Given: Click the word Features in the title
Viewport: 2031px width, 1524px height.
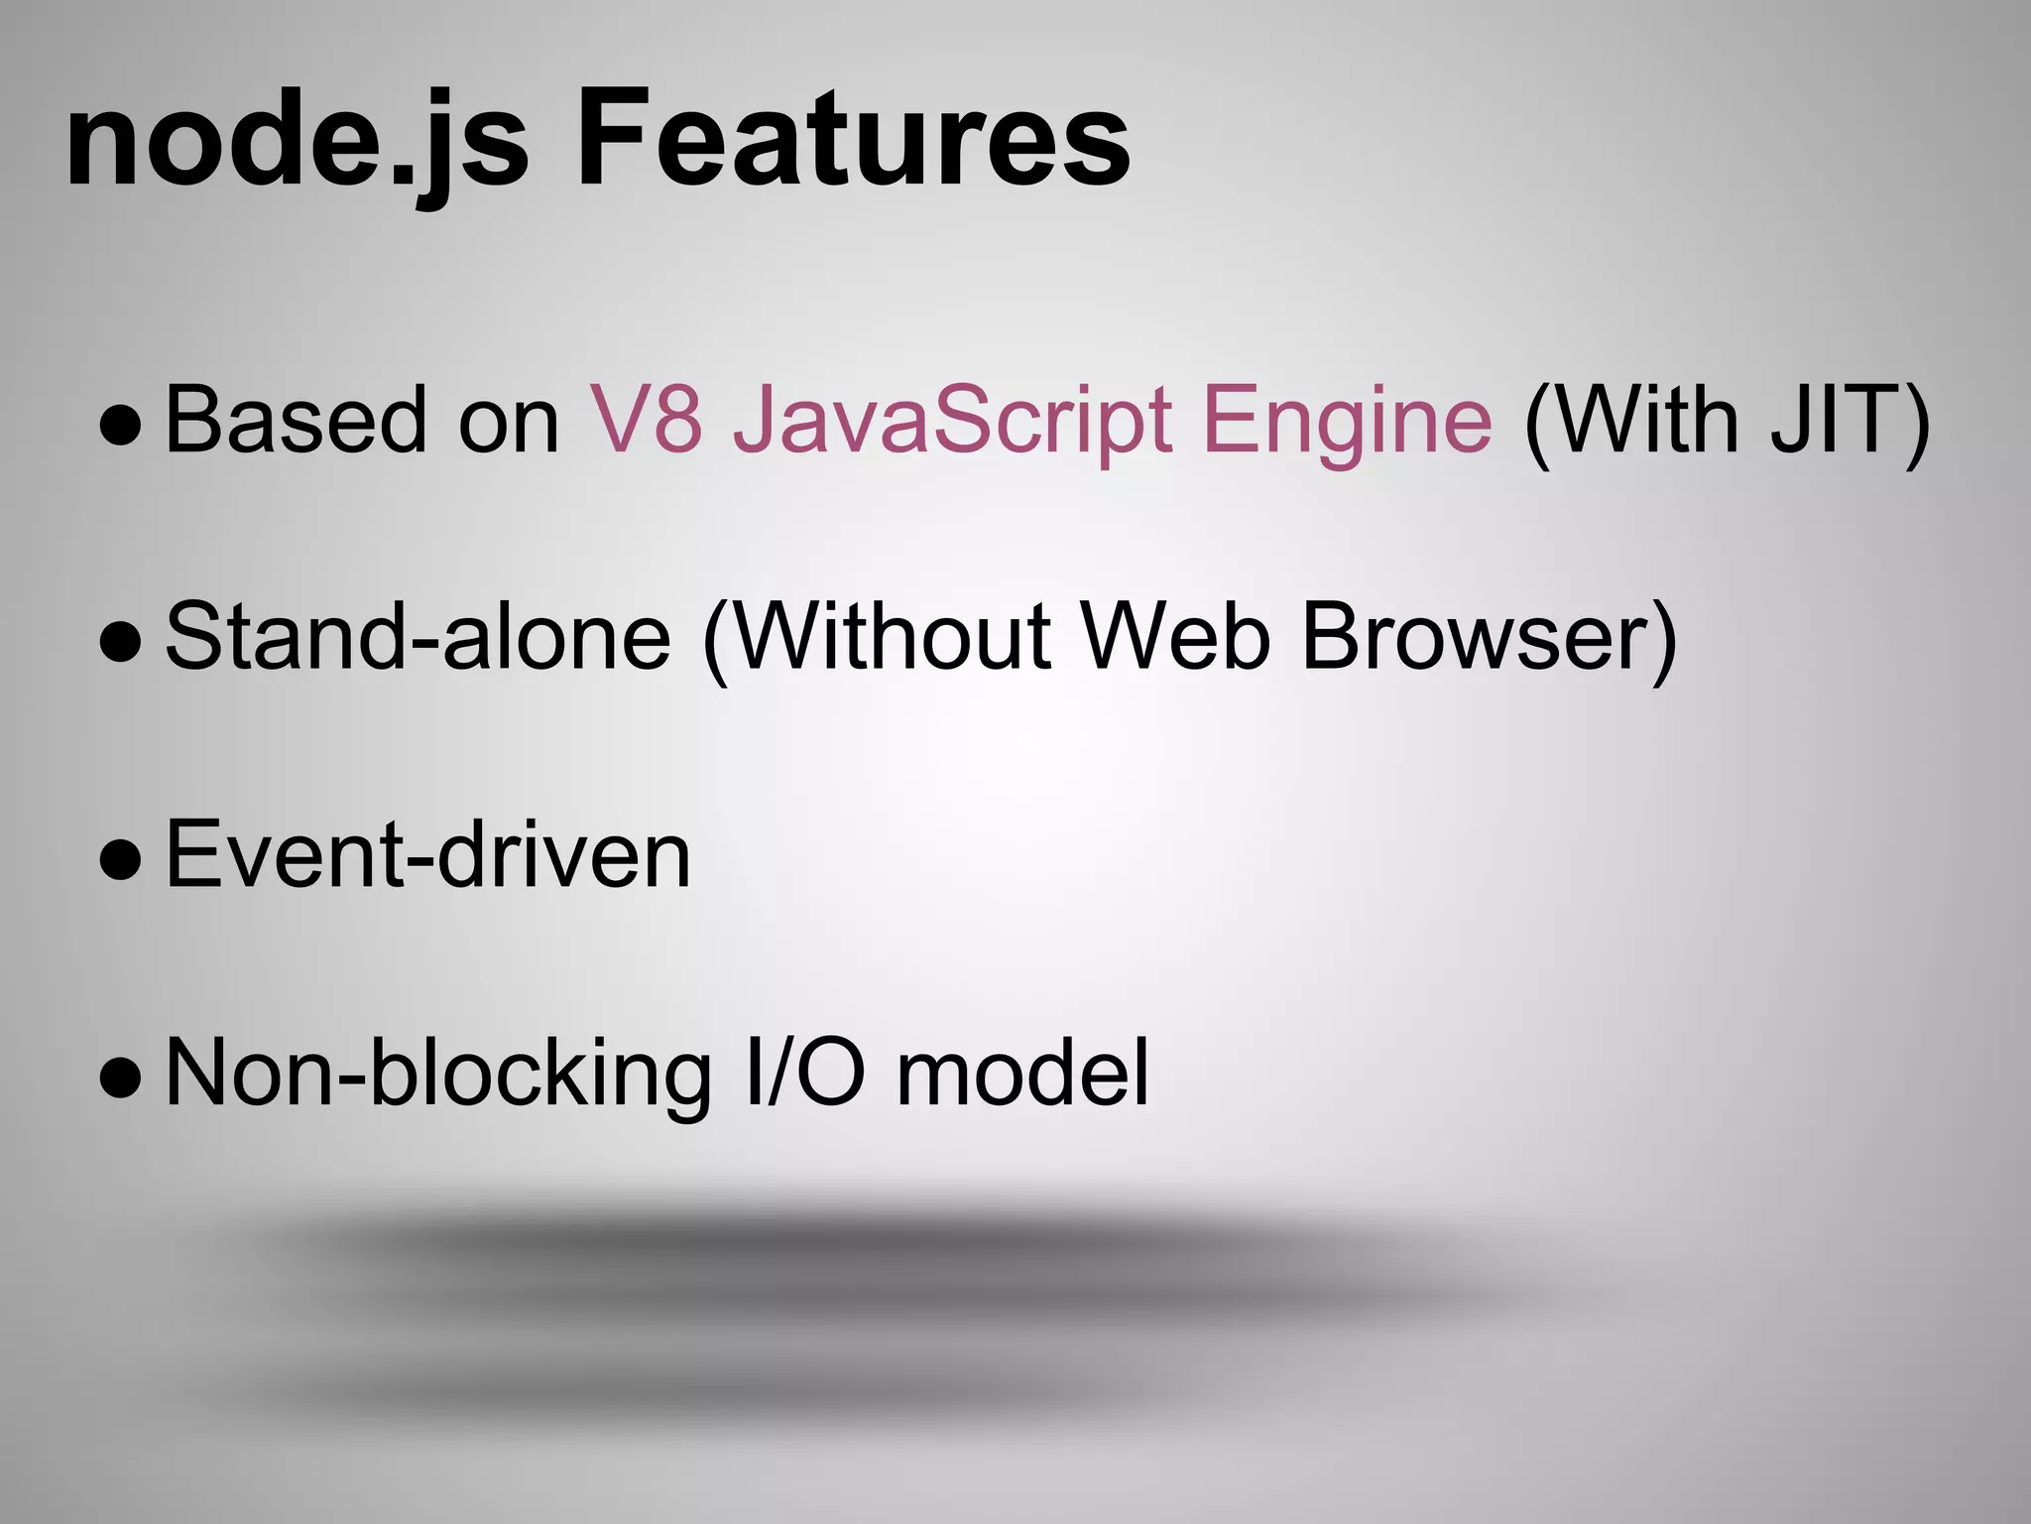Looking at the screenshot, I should click(x=853, y=139).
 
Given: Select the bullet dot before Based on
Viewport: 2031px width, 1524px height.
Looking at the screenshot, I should click(x=121, y=427).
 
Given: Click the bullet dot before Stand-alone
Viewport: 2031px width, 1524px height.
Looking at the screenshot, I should click(x=121, y=643).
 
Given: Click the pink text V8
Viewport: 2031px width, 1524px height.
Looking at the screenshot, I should click(x=647, y=421).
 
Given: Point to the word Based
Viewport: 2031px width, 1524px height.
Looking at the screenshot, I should click(x=295, y=421).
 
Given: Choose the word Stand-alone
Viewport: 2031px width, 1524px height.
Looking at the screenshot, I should click(x=418, y=637).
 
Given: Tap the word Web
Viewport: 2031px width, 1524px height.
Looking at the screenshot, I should click(x=1175, y=637).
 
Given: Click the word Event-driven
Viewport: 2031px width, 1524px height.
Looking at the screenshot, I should click(x=427, y=855).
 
